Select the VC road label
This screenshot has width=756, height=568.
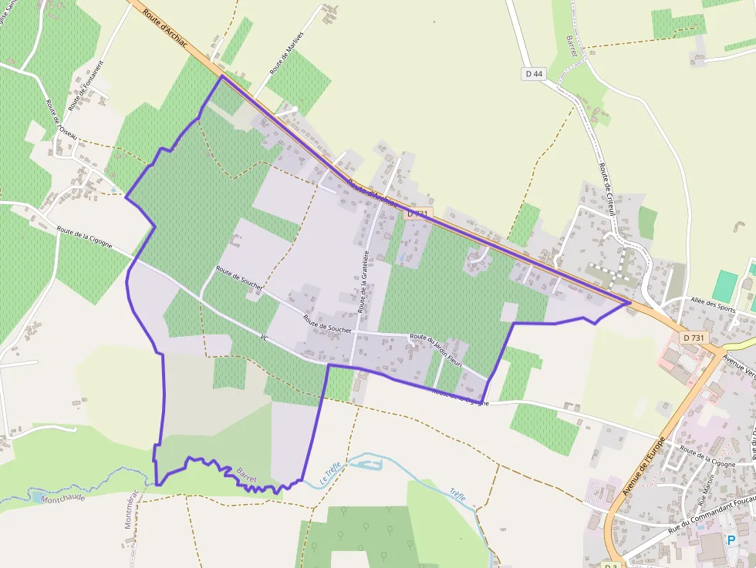coord(264,338)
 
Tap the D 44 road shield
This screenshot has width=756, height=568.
coord(533,74)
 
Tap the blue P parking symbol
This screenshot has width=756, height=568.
coord(731,541)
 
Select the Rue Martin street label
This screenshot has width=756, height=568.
coord(704,492)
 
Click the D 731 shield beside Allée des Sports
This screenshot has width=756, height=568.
coord(694,338)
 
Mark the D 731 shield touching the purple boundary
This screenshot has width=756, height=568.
coord(417,213)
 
